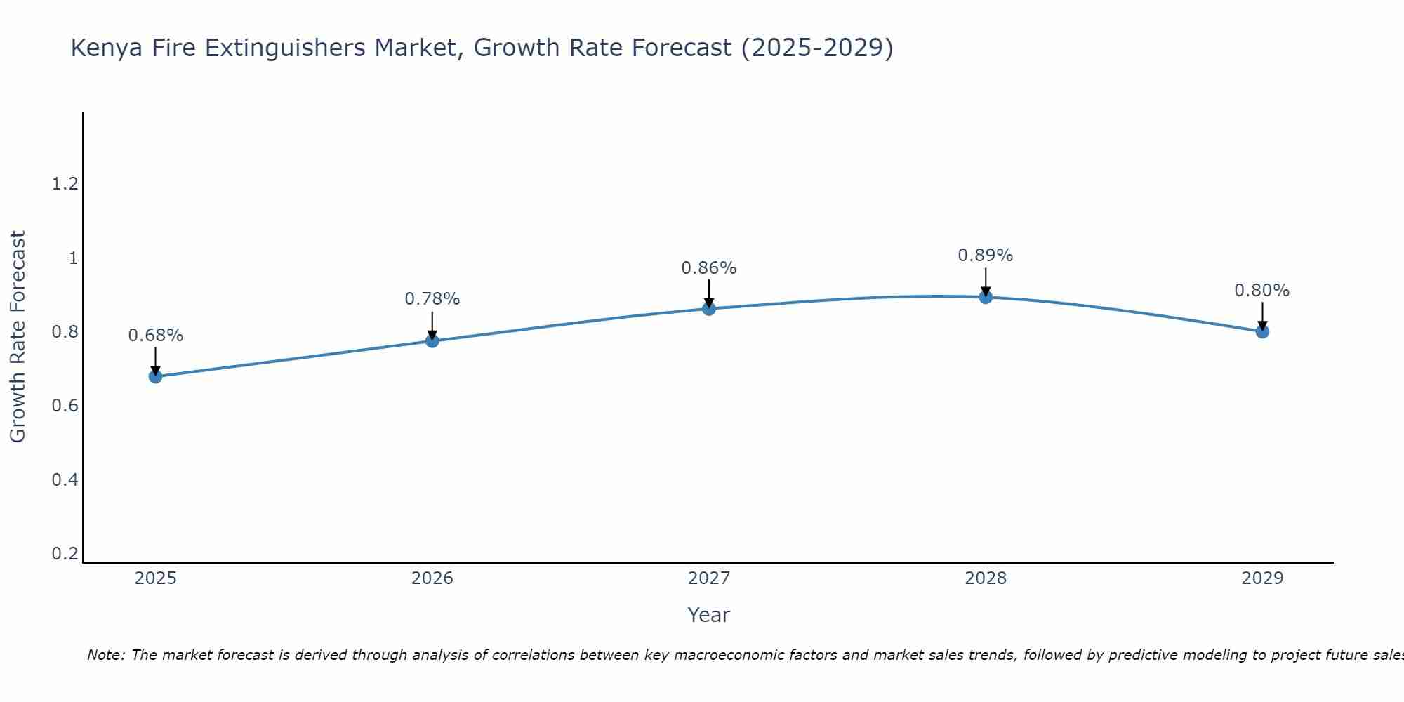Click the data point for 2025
click(155, 376)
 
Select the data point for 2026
click(432, 340)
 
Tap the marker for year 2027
click(709, 308)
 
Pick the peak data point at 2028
click(986, 297)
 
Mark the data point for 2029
click(1262, 331)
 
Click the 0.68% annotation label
click(155, 336)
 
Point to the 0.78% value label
click(432, 299)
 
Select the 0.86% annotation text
click(709, 268)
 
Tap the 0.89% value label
click(986, 256)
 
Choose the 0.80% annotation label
click(1262, 291)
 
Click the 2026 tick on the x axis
click(432, 578)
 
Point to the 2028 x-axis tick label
click(986, 578)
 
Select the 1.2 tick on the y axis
click(65, 184)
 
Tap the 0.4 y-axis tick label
click(65, 480)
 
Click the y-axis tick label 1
click(73, 258)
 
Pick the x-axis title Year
click(709, 615)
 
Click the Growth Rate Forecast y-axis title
click(18, 337)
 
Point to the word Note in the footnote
click(105, 655)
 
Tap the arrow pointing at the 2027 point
click(709, 293)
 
